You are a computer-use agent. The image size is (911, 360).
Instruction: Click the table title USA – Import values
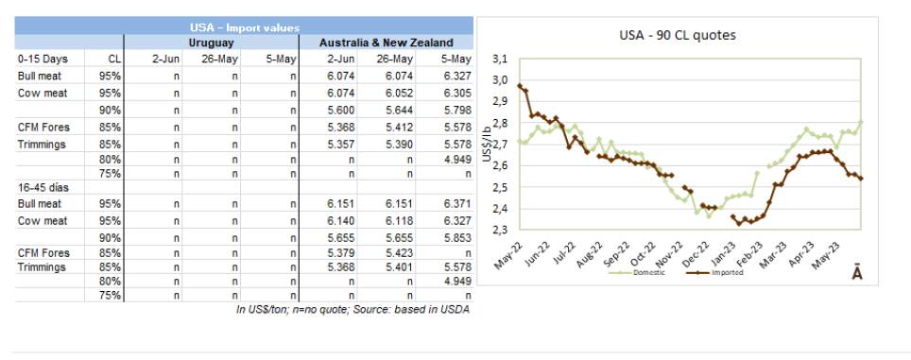[x=244, y=27]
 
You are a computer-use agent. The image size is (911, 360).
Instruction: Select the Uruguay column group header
[x=211, y=43]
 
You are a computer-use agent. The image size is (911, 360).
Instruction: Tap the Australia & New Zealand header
[x=387, y=43]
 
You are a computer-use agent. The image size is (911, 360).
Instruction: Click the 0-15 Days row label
[x=43, y=60]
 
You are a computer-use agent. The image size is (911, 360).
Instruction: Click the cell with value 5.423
[x=398, y=253]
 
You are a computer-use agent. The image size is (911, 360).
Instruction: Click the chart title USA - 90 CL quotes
[x=678, y=35]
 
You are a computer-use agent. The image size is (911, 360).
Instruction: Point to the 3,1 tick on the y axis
[x=500, y=60]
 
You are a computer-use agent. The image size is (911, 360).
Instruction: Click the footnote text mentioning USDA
[x=352, y=310]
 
